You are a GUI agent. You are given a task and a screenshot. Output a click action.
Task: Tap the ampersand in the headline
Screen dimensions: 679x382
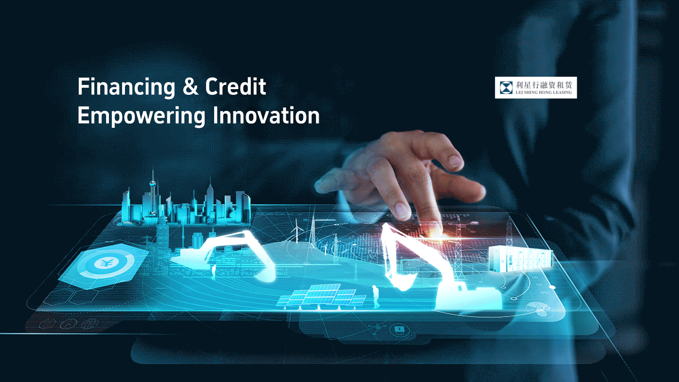tap(190, 86)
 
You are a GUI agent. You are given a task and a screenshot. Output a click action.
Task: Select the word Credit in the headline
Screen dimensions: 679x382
tap(236, 86)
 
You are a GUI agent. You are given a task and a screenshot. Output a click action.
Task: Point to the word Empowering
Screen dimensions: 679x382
tap(141, 116)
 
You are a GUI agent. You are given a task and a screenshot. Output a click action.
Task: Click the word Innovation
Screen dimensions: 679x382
tap(266, 115)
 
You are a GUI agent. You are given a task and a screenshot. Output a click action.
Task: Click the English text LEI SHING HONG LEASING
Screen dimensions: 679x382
tap(544, 92)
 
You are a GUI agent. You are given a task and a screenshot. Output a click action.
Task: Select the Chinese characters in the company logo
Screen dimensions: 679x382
tap(544, 85)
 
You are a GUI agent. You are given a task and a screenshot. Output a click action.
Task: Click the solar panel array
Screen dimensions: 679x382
tap(321, 296)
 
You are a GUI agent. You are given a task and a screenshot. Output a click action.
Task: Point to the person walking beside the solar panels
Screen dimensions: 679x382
tap(376, 297)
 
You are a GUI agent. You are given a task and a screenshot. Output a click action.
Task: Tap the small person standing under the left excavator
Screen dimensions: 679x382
tap(214, 272)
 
